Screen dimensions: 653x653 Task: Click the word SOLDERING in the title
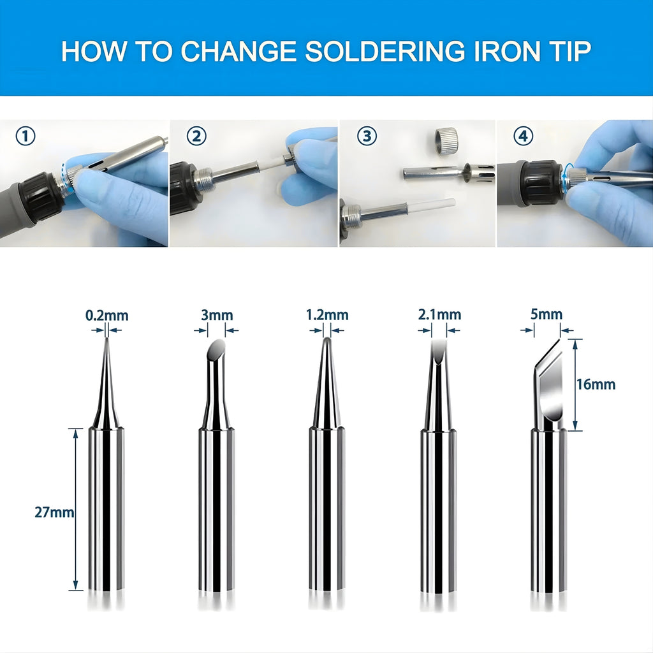tap(385, 51)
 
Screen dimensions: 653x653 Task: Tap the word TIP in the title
tap(569, 51)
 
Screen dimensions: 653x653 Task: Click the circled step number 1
tap(26, 136)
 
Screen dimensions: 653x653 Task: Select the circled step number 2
tap(196, 136)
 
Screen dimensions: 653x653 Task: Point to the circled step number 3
tap(367, 136)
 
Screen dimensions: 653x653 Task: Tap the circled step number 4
tap(523, 136)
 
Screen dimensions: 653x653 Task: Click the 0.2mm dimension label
tap(107, 315)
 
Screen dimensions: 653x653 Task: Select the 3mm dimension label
tap(217, 315)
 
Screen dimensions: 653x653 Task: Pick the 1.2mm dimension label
tap(327, 315)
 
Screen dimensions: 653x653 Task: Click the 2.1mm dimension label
tap(440, 314)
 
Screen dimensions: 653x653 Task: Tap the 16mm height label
tap(596, 384)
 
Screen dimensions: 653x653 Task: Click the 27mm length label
tap(54, 512)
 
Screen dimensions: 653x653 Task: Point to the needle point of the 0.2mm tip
tap(107, 338)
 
